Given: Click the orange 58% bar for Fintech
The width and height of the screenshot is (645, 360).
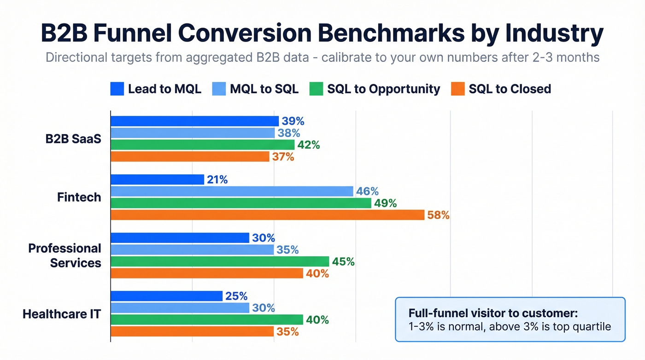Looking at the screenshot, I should tap(267, 215).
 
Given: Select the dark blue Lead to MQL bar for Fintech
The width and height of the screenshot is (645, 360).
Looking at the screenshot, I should tap(157, 180).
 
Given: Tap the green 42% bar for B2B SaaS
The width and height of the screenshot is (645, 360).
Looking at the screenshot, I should tap(202, 145).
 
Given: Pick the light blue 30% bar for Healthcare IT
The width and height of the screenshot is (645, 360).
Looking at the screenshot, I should tap(180, 308).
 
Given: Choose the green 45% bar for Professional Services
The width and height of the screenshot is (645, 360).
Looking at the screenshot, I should tap(220, 262).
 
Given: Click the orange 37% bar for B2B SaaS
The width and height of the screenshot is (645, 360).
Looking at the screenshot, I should tap(190, 157).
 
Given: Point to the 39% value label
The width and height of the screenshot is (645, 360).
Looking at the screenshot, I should tap(293, 121).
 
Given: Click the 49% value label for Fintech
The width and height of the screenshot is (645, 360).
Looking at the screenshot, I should tap(386, 203).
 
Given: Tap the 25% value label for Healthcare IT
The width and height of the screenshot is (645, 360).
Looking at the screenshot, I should tap(236, 296).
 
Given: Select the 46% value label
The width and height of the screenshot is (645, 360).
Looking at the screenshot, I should tap(368, 191).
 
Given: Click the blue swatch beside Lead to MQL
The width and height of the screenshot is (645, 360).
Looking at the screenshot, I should tap(117, 89).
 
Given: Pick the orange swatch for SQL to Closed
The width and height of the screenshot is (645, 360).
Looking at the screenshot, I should tap(457, 89).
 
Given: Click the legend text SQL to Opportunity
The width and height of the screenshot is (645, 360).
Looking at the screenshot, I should tap(383, 89).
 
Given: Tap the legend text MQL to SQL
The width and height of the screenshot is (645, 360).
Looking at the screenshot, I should tap(264, 89).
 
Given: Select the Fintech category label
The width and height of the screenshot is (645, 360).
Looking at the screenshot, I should tap(79, 197).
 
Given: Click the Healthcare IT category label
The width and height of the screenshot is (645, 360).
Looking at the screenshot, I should tap(62, 314).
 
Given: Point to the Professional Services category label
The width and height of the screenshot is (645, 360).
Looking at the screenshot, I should tap(64, 255).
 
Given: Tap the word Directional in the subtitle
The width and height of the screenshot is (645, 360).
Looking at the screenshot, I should tap(79, 58).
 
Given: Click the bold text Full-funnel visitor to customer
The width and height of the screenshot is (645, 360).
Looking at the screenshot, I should tap(493, 313).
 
